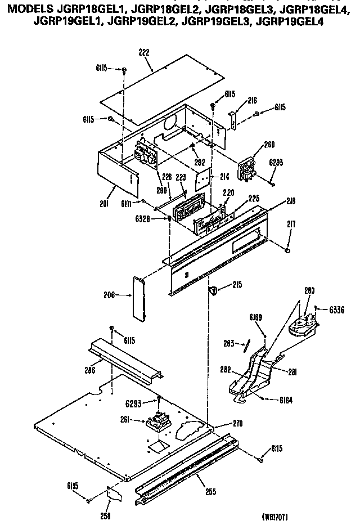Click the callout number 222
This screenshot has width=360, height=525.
(145, 52)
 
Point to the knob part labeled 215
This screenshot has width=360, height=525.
(214, 290)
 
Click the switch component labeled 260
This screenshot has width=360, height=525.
(246, 169)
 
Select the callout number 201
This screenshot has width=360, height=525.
(103, 203)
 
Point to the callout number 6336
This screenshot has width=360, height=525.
(336, 309)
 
